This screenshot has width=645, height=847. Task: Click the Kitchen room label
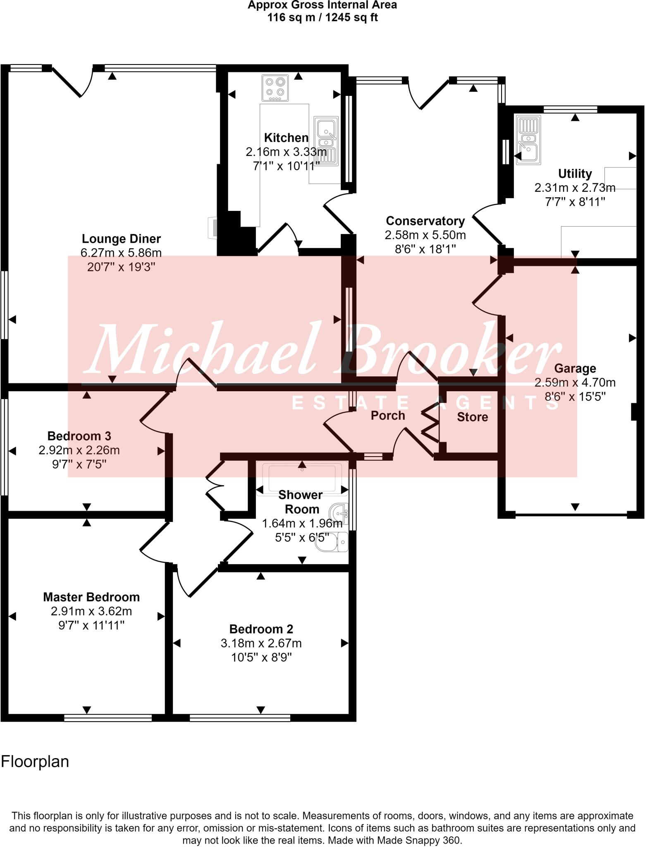tap(286, 138)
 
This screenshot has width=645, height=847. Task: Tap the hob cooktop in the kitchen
tap(275, 88)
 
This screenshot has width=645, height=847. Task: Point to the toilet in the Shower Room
tap(333, 542)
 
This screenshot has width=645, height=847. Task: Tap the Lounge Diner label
tap(121, 239)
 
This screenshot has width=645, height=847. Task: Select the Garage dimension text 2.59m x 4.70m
tap(575, 383)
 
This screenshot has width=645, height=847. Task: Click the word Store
tap(472, 417)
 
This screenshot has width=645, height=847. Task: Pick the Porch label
tap(387, 415)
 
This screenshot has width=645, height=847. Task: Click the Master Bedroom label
tap(91, 597)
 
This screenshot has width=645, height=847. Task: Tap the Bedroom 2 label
tap(261, 629)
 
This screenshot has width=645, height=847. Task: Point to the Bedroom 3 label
tap(79, 436)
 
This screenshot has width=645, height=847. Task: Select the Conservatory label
tap(425, 221)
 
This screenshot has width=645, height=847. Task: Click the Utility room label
tap(575, 173)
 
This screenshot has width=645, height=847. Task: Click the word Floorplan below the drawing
tap(35, 761)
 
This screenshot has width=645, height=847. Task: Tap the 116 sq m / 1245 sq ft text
tap(322, 18)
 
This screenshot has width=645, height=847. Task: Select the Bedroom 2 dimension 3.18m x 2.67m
tap(261, 644)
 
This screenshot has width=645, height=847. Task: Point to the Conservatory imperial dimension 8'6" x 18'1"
tap(425, 249)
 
